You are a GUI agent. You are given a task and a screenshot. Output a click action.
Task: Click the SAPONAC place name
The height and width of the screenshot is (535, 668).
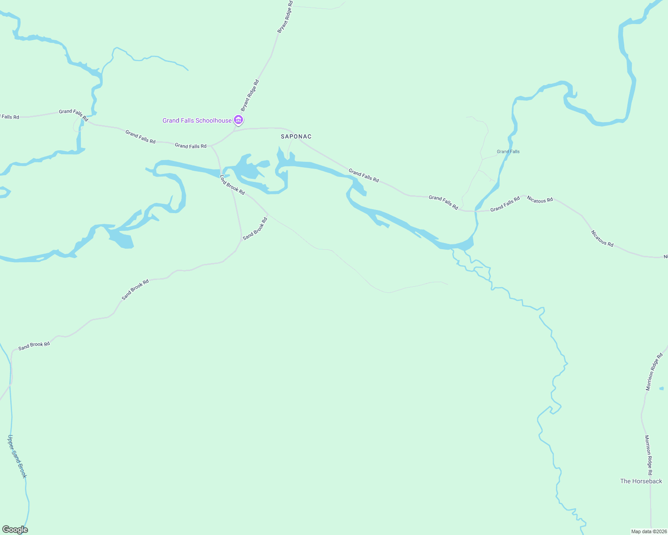coord(296,136)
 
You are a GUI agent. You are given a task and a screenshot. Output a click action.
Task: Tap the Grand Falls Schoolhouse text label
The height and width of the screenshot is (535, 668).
coord(197,120)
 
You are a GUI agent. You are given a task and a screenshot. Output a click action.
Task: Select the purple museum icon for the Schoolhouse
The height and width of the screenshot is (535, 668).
coord(239,120)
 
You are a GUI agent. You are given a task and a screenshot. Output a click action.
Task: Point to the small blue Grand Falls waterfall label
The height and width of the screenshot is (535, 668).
coord(508,152)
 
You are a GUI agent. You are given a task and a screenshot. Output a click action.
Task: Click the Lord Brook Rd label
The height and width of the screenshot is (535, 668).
coord(232,185)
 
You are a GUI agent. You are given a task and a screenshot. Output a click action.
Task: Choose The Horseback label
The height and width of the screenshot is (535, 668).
coord(641,481)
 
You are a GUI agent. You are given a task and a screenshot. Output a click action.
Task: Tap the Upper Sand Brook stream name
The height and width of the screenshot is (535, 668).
coord(17,457)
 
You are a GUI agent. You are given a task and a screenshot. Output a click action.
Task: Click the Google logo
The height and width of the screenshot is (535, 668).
coord(15,530)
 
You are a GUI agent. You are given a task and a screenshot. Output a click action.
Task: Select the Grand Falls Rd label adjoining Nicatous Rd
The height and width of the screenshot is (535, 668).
coord(505,204)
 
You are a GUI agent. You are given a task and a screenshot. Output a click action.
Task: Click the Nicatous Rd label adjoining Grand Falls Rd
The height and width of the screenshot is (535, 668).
coord(540,200)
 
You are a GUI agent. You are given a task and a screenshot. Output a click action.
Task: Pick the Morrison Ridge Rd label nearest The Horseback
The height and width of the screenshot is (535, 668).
coord(648,455)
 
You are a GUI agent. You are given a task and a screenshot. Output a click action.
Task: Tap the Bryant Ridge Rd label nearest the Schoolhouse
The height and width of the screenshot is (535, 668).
coord(250,95)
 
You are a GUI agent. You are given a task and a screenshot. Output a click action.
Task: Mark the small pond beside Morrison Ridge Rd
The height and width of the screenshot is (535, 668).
coord(661,389)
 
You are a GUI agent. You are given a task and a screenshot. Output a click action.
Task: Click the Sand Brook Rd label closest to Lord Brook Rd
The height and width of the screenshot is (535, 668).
coord(255,229)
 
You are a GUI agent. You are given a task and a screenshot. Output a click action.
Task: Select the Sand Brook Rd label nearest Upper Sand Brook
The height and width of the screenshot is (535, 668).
coord(34,346)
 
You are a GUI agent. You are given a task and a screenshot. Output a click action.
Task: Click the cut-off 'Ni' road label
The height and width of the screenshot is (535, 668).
coord(665,257)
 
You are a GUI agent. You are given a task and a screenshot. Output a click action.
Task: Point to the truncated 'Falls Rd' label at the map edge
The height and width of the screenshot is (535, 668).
coord(10,117)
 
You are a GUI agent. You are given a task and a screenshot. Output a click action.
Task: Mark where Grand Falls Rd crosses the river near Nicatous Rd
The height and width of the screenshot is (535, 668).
coord(476,210)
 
